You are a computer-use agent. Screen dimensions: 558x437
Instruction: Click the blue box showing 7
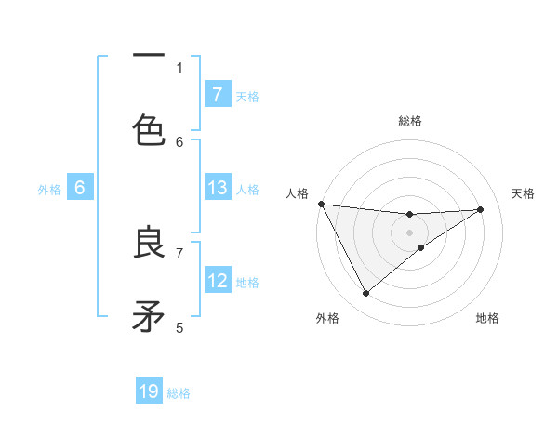218,95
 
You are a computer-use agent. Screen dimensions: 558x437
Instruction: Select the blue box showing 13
218,188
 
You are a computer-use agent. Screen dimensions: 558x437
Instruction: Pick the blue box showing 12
218,281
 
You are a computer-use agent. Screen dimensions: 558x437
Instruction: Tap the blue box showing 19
149,391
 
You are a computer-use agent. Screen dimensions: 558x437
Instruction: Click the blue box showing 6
80,188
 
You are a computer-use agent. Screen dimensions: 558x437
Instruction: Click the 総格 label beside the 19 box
179,393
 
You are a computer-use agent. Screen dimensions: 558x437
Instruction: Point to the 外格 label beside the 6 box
49,190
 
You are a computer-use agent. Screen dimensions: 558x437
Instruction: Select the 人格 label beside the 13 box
247,190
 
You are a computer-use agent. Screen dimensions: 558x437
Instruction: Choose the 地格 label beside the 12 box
247,283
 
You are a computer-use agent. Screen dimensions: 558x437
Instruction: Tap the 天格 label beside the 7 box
247,97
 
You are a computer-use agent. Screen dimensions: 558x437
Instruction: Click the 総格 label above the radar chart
410,121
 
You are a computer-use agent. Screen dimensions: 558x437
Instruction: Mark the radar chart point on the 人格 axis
321,204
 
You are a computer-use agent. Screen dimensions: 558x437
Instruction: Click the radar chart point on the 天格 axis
481,209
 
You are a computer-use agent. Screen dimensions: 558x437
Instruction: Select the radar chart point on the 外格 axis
365,293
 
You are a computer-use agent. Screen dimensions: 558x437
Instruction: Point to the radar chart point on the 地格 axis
421,247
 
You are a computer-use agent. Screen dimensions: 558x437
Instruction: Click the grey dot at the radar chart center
410,232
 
